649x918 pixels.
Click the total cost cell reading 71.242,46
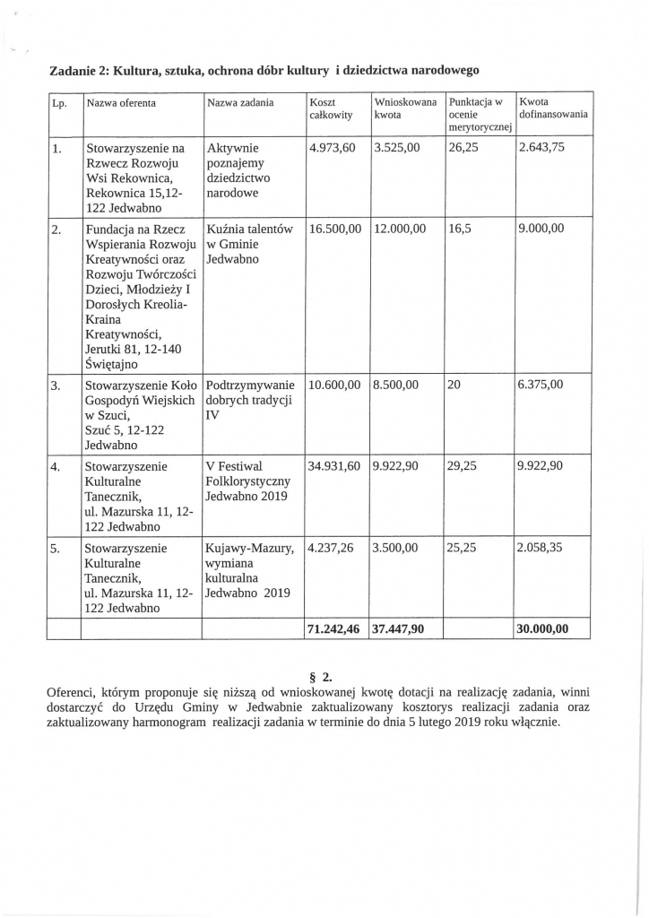click(333, 629)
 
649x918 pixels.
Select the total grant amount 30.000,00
click(543, 629)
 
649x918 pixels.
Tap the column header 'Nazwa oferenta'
click(121, 103)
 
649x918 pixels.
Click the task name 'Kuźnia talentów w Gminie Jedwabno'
click(248, 243)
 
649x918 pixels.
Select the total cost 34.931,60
click(333, 467)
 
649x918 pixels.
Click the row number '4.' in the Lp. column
click(56, 467)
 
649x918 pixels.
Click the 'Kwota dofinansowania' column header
click(553, 108)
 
